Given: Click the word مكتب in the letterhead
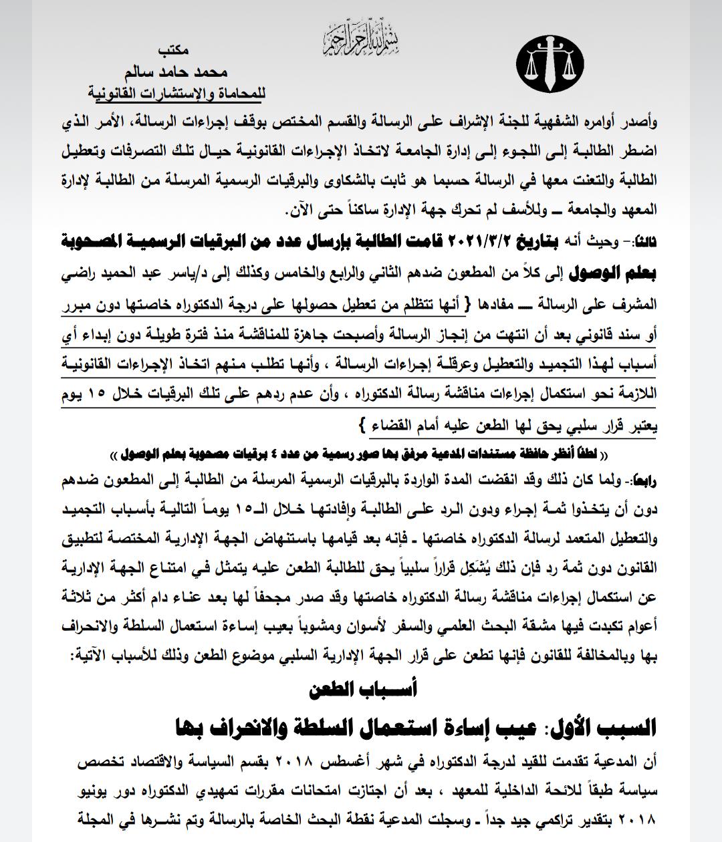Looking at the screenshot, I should click(176, 50).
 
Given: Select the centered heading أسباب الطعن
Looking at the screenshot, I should click(361, 690).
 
